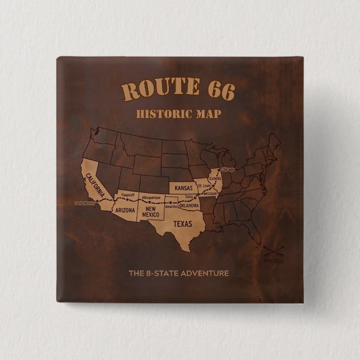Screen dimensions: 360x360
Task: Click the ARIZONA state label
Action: coord(124,211)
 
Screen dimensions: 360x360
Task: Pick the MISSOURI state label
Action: coord(210,193)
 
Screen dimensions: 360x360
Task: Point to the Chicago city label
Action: coord(228,169)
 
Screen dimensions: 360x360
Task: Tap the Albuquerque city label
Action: coord(151,197)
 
